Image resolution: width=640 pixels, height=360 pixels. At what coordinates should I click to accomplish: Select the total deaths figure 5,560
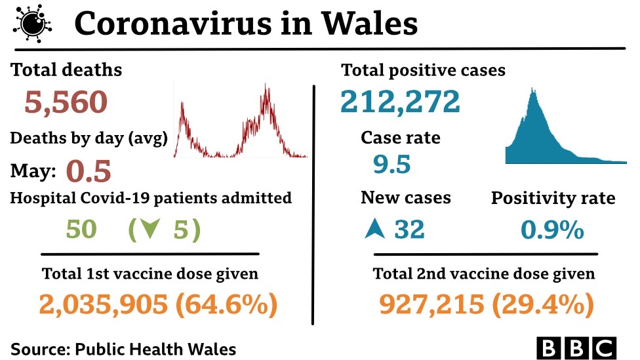click(x=66, y=102)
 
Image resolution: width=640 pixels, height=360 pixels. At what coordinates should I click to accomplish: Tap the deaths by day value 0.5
click(x=89, y=171)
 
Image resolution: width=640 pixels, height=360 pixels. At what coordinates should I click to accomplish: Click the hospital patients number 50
click(x=81, y=230)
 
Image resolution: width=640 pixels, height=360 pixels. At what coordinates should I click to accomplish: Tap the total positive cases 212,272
click(x=400, y=102)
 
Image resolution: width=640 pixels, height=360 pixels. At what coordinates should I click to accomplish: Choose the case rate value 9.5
click(x=392, y=164)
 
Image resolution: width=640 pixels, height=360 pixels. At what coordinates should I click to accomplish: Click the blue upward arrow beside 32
click(x=374, y=230)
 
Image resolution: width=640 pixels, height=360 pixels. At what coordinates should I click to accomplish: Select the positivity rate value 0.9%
click(x=552, y=230)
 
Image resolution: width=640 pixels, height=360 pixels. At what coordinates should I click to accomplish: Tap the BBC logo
click(x=577, y=348)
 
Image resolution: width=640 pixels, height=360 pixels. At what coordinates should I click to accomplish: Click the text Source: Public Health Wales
click(x=123, y=349)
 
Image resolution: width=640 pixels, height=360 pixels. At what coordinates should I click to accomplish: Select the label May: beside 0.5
click(x=33, y=172)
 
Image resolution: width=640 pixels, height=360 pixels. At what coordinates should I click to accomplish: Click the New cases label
click(x=405, y=198)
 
